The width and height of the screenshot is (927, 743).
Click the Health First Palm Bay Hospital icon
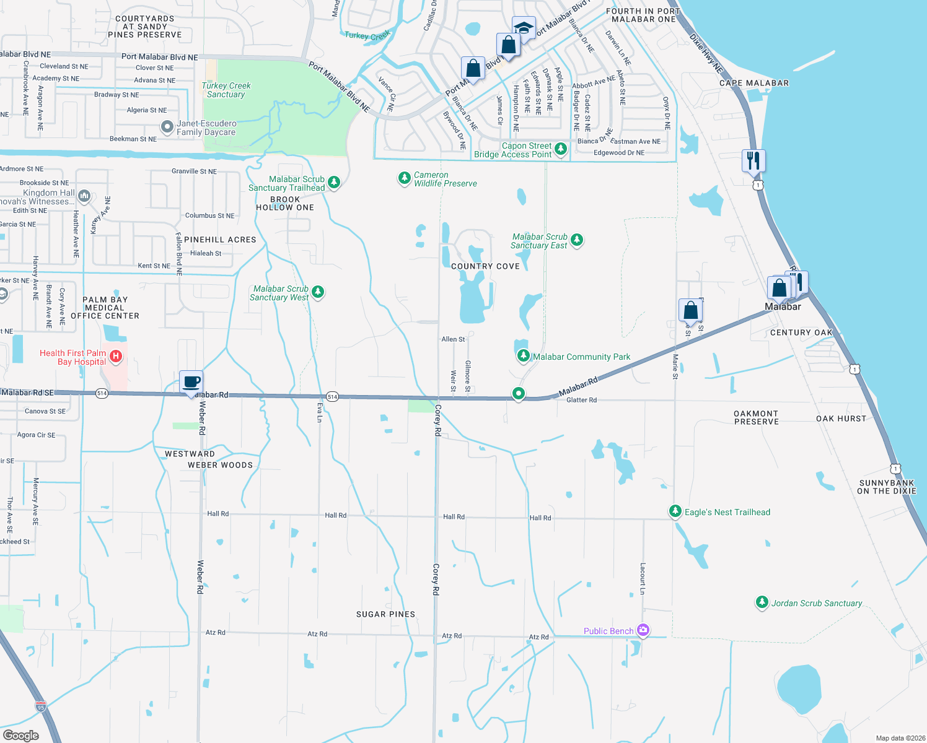(x=115, y=356)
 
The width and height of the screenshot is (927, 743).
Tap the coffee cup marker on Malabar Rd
(x=191, y=381)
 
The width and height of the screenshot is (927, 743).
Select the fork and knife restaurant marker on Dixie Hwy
(x=753, y=160)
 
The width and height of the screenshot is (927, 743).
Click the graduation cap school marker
(x=524, y=28)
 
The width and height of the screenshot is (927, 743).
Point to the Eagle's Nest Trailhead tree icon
(x=675, y=511)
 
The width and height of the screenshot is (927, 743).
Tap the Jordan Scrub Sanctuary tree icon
(x=762, y=602)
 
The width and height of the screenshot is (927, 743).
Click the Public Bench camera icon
(x=643, y=630)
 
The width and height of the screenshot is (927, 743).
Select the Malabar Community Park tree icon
(x=524, y=356)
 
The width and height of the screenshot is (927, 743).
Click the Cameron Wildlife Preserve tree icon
(x=404, y=178)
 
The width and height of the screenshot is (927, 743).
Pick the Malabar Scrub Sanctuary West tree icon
(x=318, y=292)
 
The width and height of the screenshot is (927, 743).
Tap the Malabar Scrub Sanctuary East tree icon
(x=577, y=240)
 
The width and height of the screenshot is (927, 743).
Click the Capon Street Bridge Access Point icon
(x=561, y=149)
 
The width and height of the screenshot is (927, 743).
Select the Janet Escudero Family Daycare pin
(x=167, y=127)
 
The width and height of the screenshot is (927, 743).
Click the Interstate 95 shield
(x=41, y=706)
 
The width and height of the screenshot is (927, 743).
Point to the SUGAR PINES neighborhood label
(x=385, y=614)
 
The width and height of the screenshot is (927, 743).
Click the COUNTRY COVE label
(x=485, y=266)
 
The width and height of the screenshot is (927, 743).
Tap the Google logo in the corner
(x=21, y=736)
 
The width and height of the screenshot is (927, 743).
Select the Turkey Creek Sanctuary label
(x=226, y=90)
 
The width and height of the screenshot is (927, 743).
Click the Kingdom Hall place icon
(x=84, y=196)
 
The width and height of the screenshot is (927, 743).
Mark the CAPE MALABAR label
(x=754, y=83)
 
